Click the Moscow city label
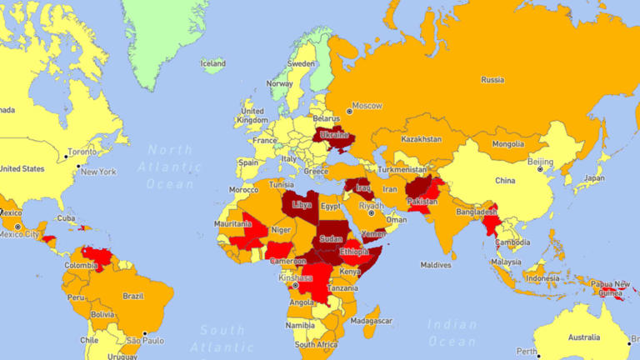[x=367, y=106]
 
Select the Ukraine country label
[x=333, y=135]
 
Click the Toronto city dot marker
[x=67, y=156]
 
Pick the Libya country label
[x=302, y=203]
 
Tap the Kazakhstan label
[x=421, y=139]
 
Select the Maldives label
[x=435, y=265]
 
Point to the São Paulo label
[x=146, y=340]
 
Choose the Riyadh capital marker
[x=372, y=212]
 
